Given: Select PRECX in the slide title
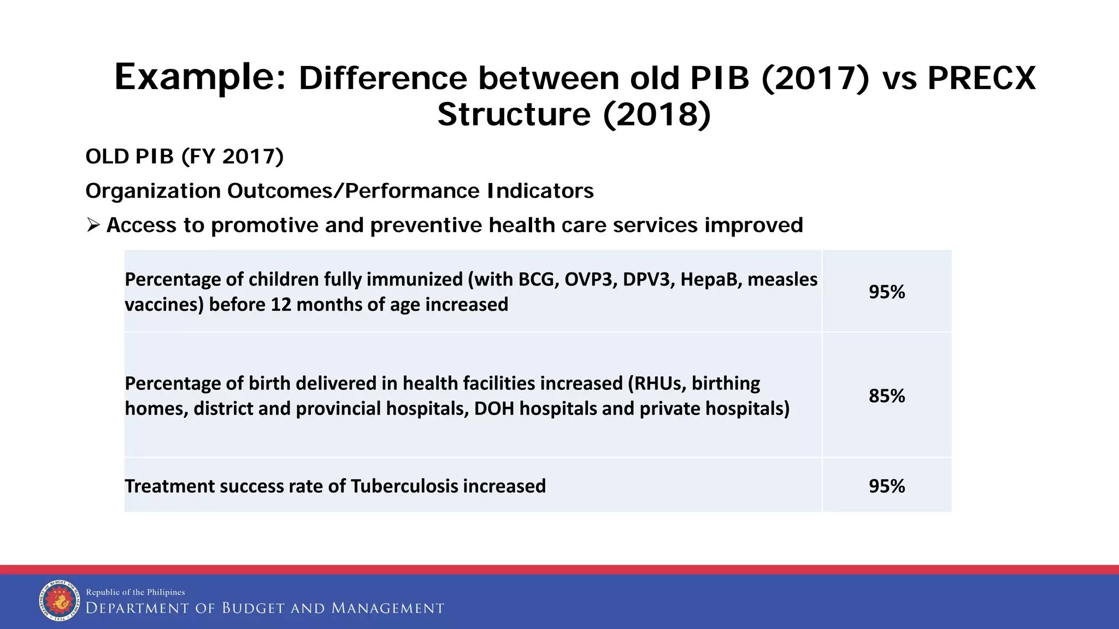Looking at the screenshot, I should (x=981, y=78).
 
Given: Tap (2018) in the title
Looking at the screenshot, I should (x=657, y=115).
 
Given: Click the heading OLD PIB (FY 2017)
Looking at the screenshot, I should (x=185, y=157).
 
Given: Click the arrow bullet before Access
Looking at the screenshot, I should (x=93, y=225).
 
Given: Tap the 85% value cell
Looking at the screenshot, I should (x=886, y=396).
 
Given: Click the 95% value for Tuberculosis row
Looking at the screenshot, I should (x=886, y=486).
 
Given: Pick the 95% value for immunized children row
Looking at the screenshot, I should (x=886, y=292).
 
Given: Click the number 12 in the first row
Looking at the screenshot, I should (x=281, y=305).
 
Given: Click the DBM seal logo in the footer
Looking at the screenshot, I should (x=60, y=600).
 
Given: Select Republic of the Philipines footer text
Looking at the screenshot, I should (x=136, y=592).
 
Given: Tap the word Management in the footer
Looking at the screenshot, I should (x=387, y=608).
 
